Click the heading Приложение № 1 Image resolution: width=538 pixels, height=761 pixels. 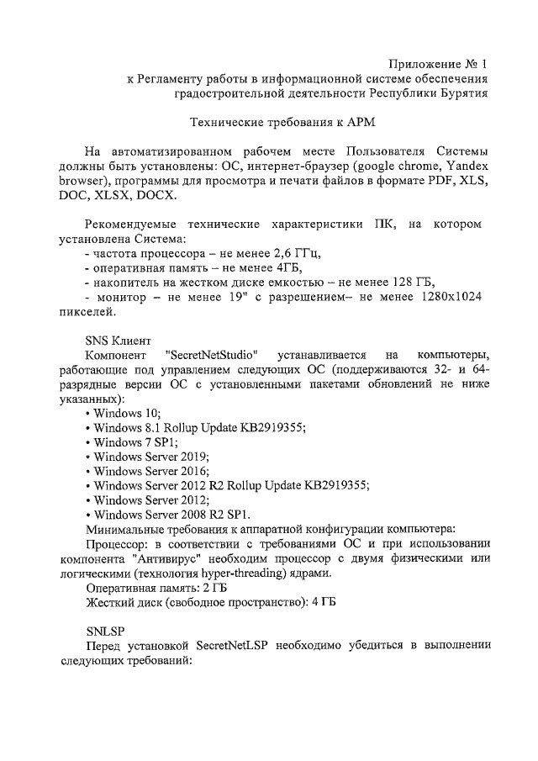point(436,64)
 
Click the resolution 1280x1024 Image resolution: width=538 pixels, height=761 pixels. point(446,297)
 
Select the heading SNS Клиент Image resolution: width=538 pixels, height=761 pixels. point(119,341)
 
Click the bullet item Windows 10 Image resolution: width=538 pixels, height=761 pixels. point(126,413)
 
